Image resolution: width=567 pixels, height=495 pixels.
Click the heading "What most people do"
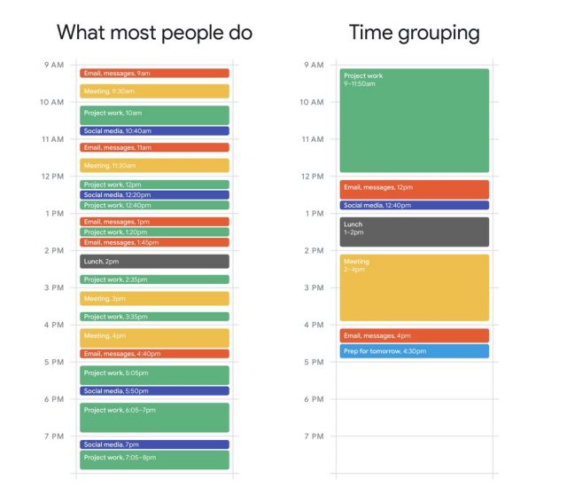click(155, 33)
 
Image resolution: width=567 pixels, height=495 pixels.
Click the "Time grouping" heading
click(414, 33)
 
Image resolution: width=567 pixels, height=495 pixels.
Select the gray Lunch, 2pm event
click(154, 262)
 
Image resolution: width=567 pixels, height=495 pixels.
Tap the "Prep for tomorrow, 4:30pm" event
click(414, 351)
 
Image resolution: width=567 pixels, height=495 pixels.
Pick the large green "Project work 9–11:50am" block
click(414, 121)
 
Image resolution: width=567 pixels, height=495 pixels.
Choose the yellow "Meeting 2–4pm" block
click(414, 287)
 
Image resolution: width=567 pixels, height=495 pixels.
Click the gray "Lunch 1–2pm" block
click(414, 232)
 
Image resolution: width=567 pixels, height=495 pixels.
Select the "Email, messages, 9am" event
click(154, 74)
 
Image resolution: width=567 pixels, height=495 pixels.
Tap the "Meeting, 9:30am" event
click(154, 91)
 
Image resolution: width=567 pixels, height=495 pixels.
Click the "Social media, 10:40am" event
click(154, 131)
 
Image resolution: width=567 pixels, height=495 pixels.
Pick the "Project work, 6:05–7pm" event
click(154, 417)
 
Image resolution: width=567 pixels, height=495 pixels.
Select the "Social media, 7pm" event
click(154, 444)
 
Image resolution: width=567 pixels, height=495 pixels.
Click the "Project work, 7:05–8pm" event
click(154, 460)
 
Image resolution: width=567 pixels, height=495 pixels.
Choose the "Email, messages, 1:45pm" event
click(154, 242)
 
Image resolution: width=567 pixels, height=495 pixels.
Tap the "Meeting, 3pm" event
click(154, 299)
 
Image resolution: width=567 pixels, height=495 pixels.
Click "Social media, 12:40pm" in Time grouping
click(414, 206)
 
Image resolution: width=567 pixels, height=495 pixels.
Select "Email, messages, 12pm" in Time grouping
click(414, 189)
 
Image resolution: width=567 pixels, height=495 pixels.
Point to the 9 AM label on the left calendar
click(53, 65)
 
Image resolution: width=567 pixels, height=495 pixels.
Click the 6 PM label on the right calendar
click(314, 399)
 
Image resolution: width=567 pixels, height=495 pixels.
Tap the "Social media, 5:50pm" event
click(154, 391)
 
